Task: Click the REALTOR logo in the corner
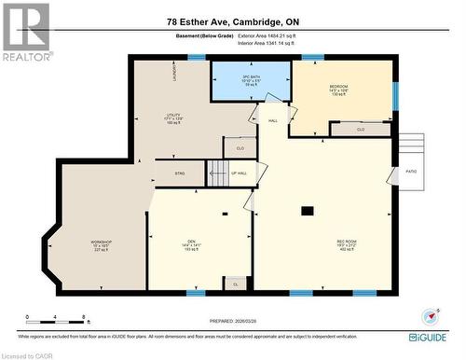tap(25, 32)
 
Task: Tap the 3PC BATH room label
tap(250, 79)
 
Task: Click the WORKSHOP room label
tap(102, 244)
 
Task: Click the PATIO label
tap(411, 172)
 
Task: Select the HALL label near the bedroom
tap(273, 121)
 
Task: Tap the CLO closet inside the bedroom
tap(361, 130)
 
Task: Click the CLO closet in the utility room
tap(240, 147)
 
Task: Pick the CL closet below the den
tap(235, 283)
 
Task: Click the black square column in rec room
tap(307, 212)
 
